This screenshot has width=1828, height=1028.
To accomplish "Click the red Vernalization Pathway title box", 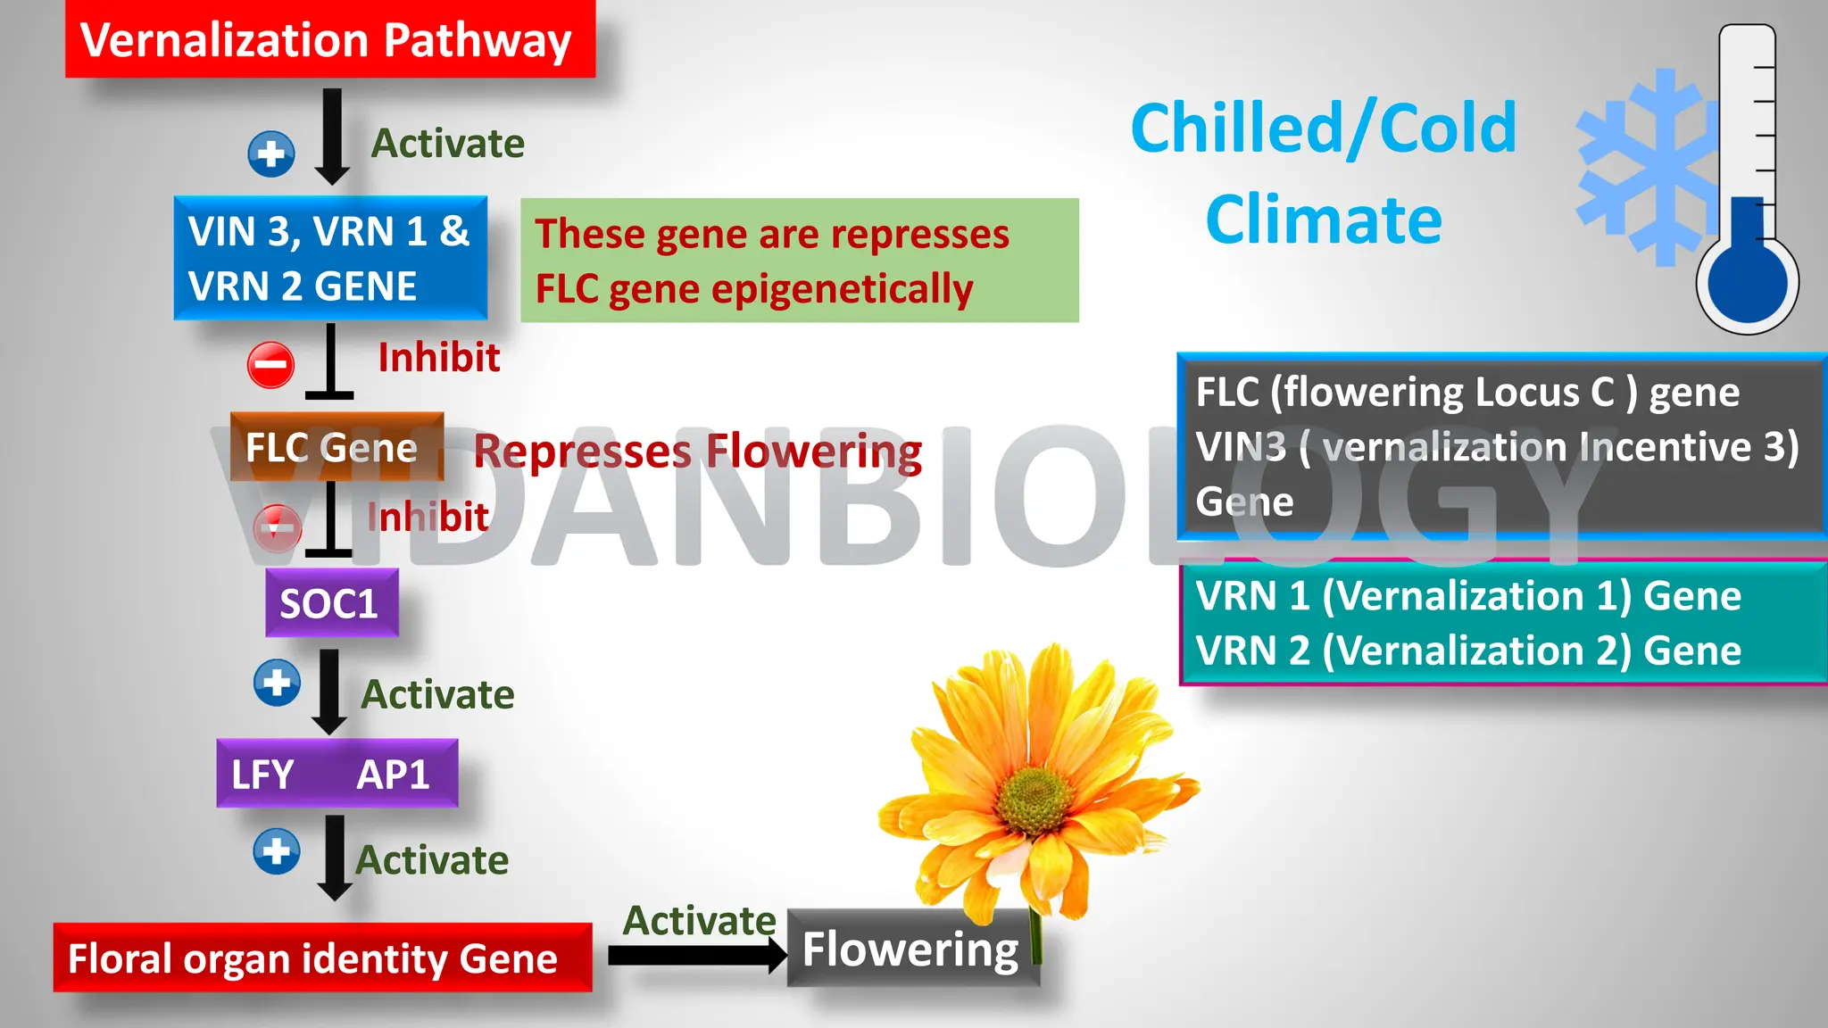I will [x=329, y=40].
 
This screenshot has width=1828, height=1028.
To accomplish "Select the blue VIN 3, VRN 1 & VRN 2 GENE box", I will [x=329, y=258].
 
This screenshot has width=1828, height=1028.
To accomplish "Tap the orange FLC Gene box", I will [x=336, y=446].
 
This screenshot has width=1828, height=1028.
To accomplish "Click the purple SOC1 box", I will [x=330, y=603].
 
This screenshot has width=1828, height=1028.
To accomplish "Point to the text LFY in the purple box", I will [x=262, y=774].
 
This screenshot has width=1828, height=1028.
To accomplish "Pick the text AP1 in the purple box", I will [x=393, y=774].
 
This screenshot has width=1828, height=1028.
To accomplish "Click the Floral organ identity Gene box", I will [x=321, y=958].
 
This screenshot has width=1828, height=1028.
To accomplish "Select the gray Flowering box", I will [x=910, y=949].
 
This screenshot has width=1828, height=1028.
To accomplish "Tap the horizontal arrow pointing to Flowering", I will [x=696, y=956].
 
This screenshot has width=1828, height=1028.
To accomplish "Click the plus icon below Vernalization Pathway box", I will [x=270, y=153].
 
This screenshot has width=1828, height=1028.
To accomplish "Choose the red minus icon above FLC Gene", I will [x=270, y=364].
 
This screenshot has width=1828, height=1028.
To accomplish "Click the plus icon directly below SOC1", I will [x=277, y=684].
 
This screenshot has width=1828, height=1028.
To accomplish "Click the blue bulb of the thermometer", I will [x=1747, y=282].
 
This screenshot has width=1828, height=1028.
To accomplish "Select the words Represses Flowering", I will [x=697, y=451].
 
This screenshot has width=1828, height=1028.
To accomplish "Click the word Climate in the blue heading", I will [x=1323, y=220].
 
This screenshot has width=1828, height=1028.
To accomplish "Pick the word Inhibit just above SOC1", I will [x=428, y=517].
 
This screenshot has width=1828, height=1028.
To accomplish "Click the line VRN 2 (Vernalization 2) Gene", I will [x=1467, y=651].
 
